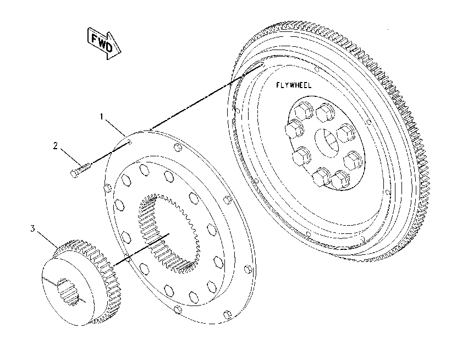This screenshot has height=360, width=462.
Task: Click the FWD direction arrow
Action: point(105,43)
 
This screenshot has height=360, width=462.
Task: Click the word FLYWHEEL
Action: point(294,85)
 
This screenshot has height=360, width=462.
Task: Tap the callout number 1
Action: point(102,117)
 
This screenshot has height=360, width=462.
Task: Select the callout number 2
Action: point(56,146)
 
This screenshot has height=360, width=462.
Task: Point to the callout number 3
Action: point(32,228)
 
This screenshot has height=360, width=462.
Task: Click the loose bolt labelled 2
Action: point(81,171)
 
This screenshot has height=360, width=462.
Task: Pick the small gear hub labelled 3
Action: point(80,282)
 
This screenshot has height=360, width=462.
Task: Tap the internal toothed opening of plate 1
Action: point(169,233)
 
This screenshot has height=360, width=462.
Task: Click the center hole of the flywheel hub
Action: point(327,143)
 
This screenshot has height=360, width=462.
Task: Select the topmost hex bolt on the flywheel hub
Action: point(303,111)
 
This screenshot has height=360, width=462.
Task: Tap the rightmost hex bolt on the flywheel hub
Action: point(353,160)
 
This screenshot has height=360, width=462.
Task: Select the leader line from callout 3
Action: point(47,239)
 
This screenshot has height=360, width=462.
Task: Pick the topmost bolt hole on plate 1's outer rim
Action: point(177,147)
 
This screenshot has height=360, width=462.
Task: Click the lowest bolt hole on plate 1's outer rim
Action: point(227,314)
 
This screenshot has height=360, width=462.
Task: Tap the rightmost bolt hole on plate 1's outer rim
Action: point(248,269)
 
